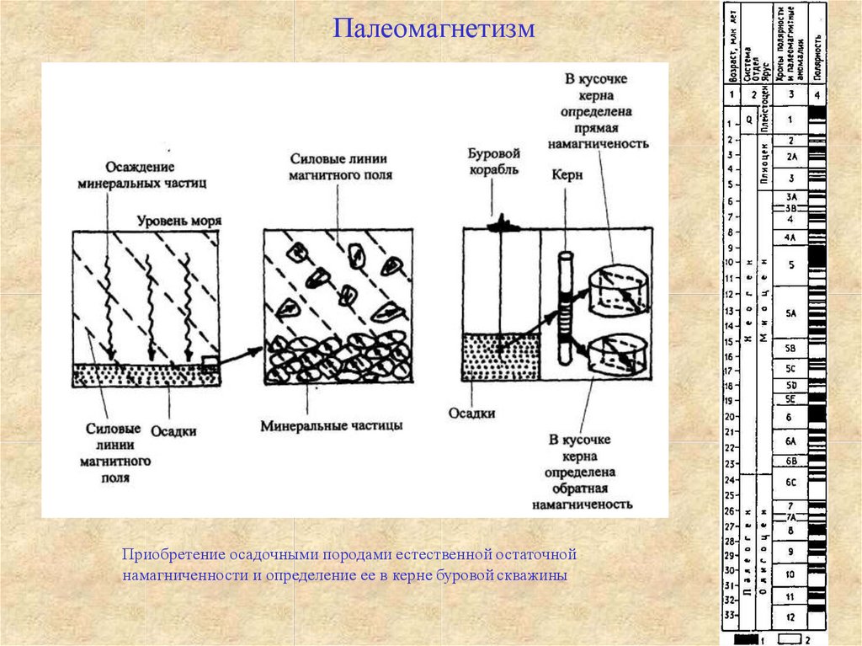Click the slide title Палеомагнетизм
434,30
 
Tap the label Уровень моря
180,221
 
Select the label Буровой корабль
494,162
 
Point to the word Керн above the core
567,175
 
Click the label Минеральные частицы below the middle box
331,425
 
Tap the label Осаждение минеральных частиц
141,174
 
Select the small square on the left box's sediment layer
210,365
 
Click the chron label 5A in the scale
790,313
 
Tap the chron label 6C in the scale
790,483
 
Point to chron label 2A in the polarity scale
790,157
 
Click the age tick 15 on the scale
729,340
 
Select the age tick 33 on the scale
729,616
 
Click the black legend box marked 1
745,639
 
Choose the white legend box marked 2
790,639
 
